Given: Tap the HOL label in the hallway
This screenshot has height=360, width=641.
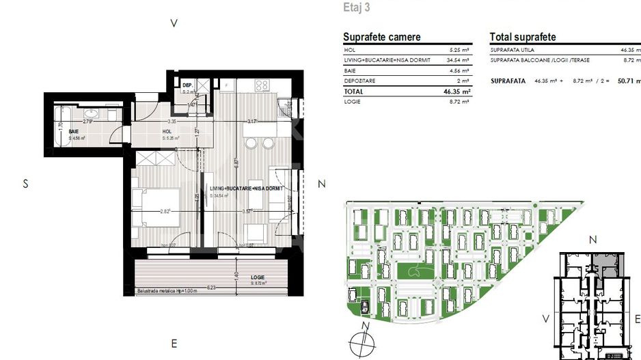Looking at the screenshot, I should (167, 131).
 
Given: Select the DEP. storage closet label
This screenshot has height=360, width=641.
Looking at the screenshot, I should (187, 85).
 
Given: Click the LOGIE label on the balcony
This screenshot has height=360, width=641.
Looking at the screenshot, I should (258, 277).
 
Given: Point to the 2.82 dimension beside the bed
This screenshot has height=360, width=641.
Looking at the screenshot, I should (165, 211).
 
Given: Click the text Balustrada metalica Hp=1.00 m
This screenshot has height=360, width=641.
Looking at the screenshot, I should (167, 290).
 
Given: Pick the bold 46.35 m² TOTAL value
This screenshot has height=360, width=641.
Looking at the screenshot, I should (456, 90).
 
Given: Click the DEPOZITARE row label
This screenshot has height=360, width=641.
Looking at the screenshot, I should (362, 81).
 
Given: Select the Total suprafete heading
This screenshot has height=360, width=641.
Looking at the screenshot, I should (523, 37).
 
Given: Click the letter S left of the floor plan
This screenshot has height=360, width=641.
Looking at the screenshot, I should (25, 184).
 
